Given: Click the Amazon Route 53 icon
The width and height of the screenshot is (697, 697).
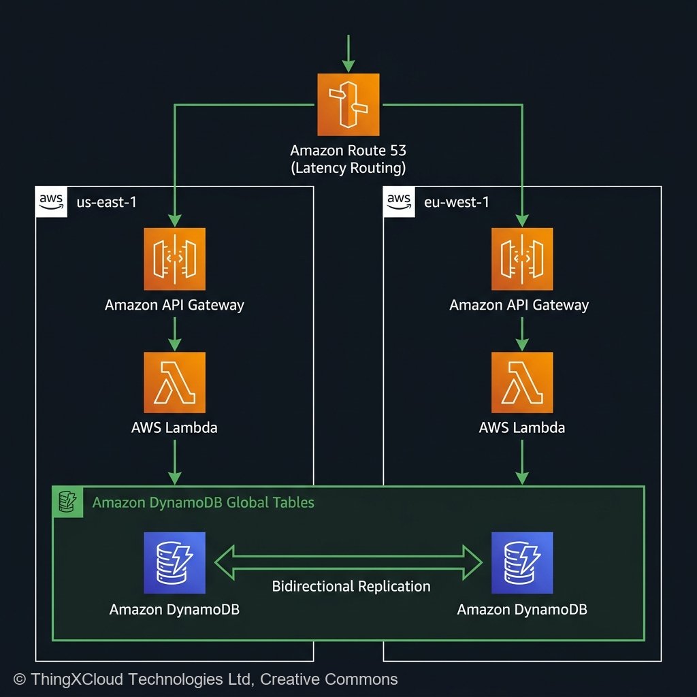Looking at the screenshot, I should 348,104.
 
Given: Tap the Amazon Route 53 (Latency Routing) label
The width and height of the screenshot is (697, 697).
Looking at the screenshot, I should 348,159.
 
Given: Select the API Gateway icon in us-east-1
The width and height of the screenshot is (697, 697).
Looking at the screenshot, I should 174,259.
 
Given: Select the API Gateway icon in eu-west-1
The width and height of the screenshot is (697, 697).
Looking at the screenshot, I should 522,259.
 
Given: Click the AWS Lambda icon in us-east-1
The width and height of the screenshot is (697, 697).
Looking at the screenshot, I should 174,383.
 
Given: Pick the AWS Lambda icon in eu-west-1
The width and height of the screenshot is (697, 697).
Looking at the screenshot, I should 522,383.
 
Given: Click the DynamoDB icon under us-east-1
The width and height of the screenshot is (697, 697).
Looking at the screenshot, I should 174,563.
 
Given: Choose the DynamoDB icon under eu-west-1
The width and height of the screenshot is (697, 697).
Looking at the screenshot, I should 522,563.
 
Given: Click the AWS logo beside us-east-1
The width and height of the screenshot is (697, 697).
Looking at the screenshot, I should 51,201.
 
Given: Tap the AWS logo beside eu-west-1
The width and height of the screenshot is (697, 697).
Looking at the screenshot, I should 400,201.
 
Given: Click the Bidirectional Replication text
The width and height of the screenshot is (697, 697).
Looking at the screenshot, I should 351,586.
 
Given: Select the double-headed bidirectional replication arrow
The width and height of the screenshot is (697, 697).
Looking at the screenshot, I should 348,562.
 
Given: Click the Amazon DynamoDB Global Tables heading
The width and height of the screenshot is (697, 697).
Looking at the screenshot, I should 203,503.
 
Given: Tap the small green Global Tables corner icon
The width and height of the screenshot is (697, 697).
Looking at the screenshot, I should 67,502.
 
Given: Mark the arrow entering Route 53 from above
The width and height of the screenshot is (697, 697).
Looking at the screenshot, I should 348,53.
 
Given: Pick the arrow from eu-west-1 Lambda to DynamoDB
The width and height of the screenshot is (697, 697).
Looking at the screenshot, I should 522,461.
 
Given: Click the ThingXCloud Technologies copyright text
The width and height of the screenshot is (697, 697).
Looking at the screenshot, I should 206,679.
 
